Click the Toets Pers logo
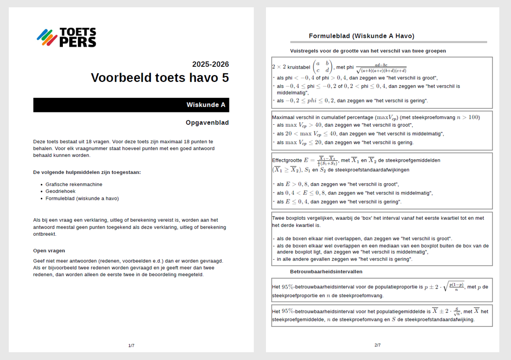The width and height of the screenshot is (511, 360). click(x=66, y=38)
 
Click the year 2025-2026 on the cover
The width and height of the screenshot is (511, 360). click(x=210, y=64)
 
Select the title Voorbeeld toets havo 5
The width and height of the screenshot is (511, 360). click(x=160, y=78)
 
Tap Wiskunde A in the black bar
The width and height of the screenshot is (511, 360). click(x=206, y=105)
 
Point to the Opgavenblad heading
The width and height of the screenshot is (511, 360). click(x=207, y=123)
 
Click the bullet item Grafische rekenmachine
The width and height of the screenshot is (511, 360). click(x=74, y=184)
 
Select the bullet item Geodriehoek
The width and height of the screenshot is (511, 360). click(x=61, y=191)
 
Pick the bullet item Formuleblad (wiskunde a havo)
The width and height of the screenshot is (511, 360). click(x=82, y=198)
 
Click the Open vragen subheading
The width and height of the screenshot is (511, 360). click(x=49, y=251)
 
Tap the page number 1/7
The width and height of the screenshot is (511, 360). click(x=131, y=346)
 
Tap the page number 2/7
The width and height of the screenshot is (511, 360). click(x=378, y=345)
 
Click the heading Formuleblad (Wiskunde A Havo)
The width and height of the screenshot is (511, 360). click(x=361, y=36)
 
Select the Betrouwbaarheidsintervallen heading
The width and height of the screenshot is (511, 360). click(x=326, y=271)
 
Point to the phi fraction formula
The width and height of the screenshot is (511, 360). click(x=381, y=68)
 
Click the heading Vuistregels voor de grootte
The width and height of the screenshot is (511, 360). click(x=368, y=51)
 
